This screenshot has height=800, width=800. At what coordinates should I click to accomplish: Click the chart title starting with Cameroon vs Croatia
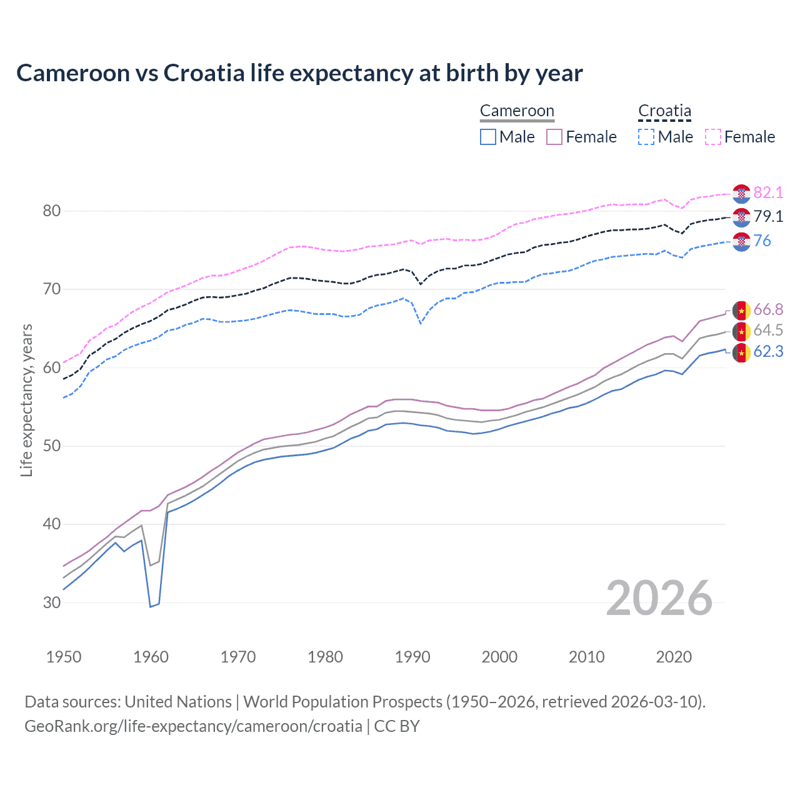[299, 73]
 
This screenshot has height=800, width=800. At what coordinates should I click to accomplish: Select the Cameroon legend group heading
[517, 111]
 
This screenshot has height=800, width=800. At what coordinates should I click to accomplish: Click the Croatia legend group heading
[664, 111]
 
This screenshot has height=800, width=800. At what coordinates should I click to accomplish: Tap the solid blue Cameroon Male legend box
[488, 137]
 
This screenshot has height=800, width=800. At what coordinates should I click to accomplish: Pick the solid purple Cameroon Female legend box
[554, 137]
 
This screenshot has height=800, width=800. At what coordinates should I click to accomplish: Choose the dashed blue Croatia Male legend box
[646, 137]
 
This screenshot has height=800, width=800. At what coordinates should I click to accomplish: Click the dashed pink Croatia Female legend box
[713, 137]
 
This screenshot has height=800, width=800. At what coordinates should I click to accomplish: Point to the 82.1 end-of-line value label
[768, 192]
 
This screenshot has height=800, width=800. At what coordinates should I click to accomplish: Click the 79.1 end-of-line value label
[768, 217]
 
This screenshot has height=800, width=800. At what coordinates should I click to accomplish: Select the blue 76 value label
[762, 241]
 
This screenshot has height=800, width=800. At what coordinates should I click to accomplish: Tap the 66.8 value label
[768, 310]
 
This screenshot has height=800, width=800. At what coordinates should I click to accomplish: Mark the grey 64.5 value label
[768, 331]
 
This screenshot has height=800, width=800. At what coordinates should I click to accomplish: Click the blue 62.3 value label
[768, 352]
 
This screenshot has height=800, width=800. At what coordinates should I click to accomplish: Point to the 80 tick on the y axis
[52, 211]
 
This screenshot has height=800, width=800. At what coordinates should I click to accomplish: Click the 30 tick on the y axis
[52, 603]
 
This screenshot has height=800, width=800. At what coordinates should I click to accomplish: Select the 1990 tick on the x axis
[412, 657]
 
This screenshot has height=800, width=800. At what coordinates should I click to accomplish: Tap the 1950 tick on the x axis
[64, 657]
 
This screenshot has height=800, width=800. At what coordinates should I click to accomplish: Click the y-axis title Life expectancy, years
[26, 401]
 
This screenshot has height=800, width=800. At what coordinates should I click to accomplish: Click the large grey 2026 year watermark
[659, 599]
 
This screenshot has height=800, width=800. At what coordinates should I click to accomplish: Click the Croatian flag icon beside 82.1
[741, 194]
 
